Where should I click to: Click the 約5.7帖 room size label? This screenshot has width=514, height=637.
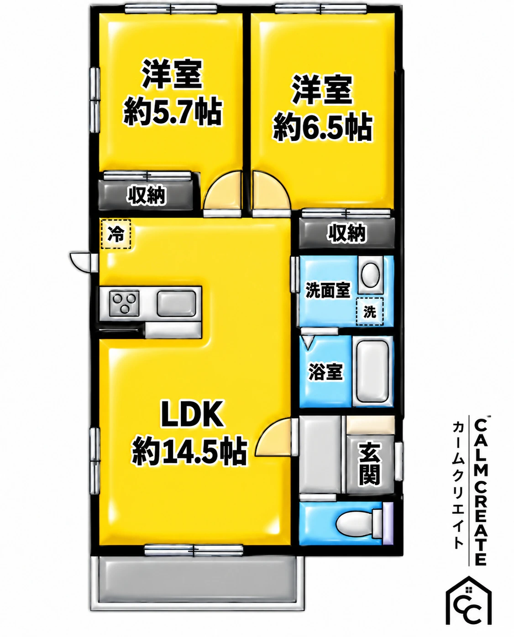click(x=173, y=112)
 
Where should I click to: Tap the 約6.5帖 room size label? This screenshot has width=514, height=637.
click(x=323, y=127)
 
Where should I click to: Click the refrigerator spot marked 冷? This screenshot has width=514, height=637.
click(x=115, y=234)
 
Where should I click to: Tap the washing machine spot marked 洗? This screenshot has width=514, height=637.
click(x=370, y=311)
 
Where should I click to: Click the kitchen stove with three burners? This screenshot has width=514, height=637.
click(x=124, y=303)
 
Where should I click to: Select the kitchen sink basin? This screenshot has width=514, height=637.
click(x=176, y=304)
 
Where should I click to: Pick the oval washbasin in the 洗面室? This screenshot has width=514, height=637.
click(x=370, y=274)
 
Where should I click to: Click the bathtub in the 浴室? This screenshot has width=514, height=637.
click(x=372, y=372)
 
